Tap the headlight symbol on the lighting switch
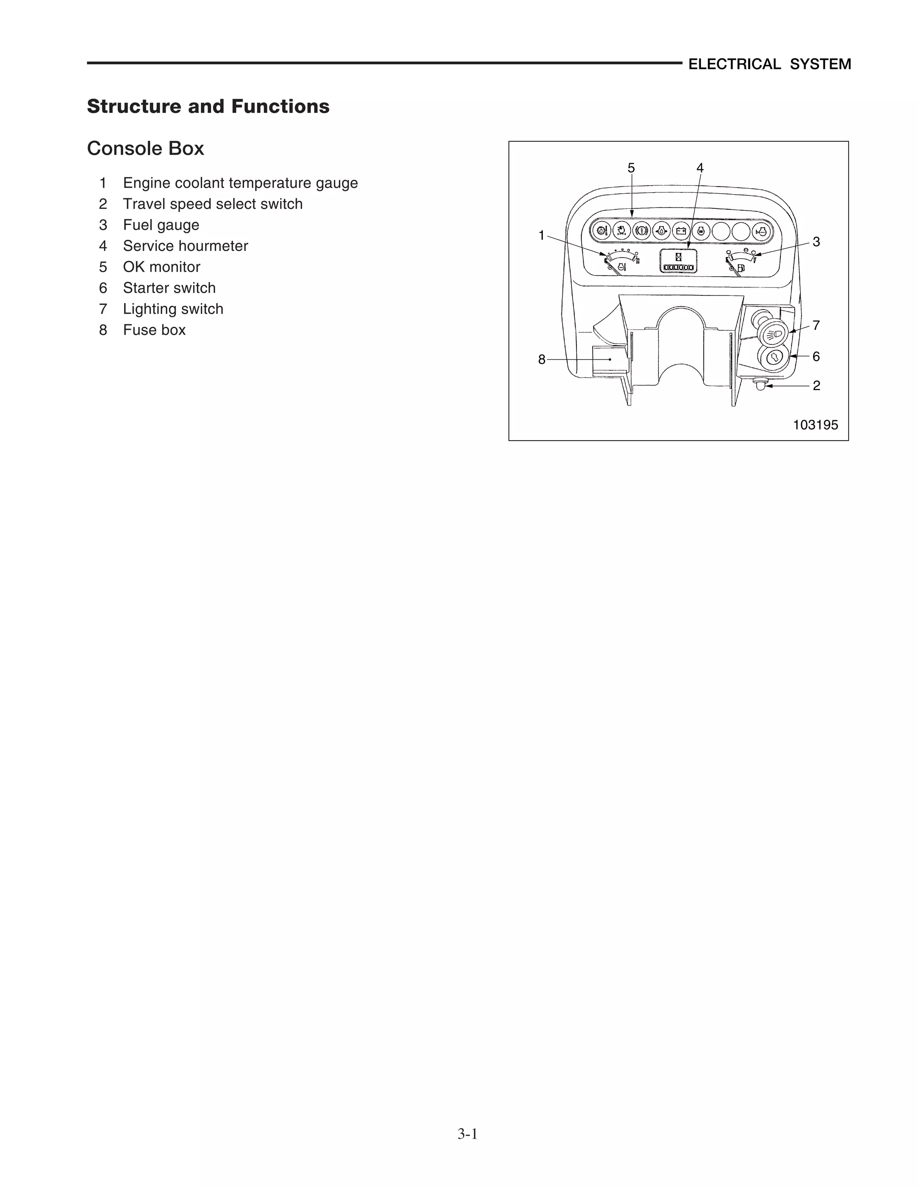pos(773,334)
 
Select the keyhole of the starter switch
pos(773,358)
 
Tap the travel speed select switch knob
pos(760,385)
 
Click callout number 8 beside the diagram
pos(541,360)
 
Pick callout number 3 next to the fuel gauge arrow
pos(816,242)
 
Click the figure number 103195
pos(815,425)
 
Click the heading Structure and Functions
pos(208,106)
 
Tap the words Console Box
pos(146,148)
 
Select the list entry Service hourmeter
pos(186,246)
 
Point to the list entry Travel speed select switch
pos(212,204)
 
